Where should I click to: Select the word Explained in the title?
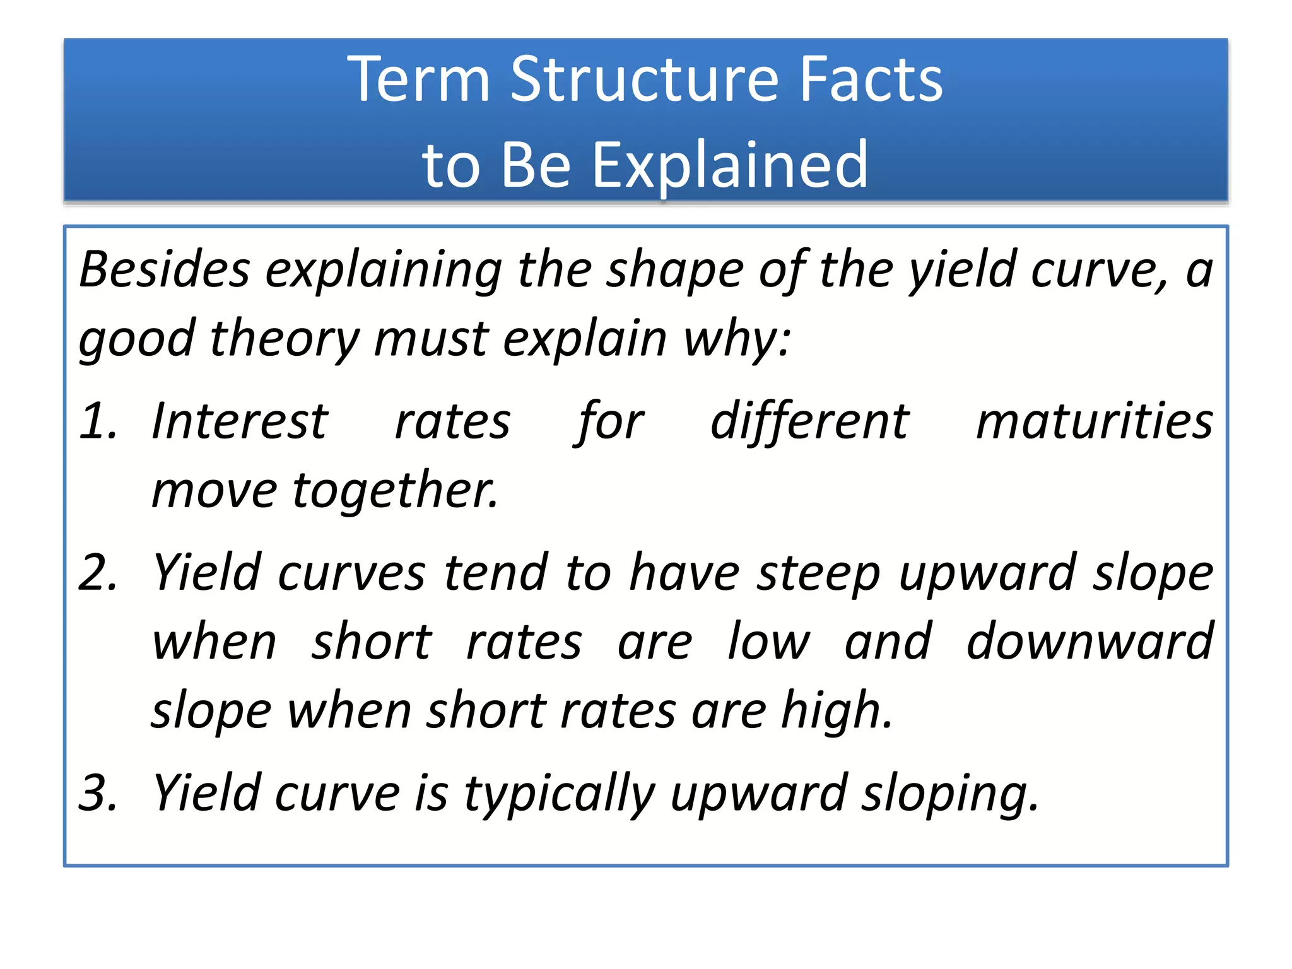tap(730, 165)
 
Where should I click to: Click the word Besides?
tap(165, 270)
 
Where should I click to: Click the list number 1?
tap(98, 421)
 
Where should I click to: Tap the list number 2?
tap(98, 573)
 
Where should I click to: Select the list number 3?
tap(98, 793)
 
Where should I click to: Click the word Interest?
tap(240, 421)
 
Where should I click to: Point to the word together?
tap(395, 491)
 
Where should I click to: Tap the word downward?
tap(1089, 642)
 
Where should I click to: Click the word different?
tap(809, 421)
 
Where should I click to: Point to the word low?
tap(768, 642)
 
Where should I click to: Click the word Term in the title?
tap(419, 80)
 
